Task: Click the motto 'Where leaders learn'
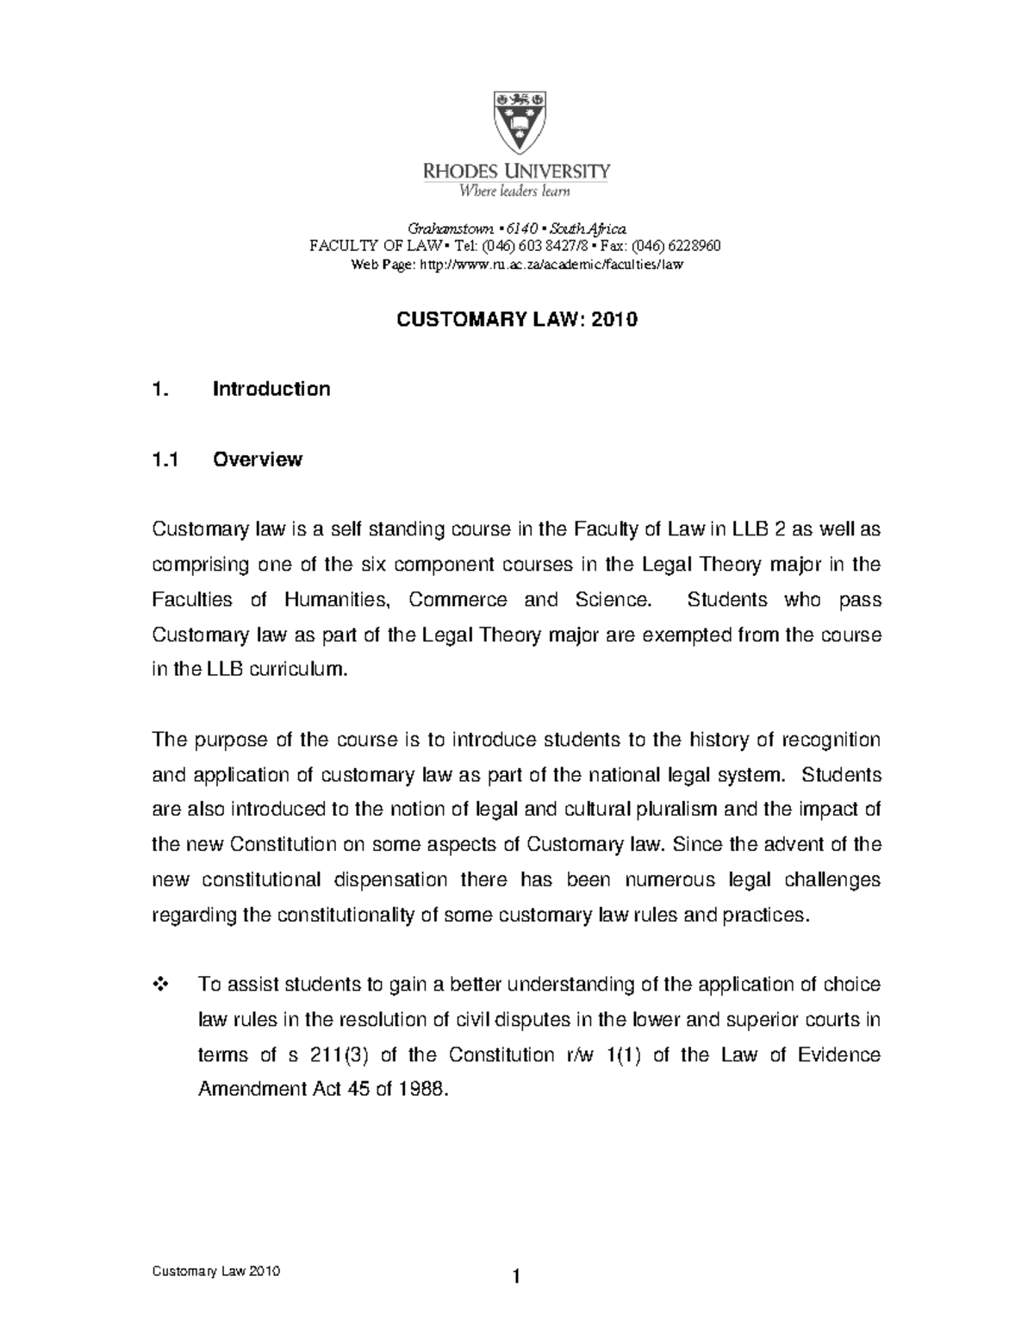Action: pos(514,191)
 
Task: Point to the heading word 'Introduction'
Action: pos(271,389)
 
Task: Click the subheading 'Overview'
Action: pos(258,460)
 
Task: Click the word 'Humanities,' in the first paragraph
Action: pos(339,599)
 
